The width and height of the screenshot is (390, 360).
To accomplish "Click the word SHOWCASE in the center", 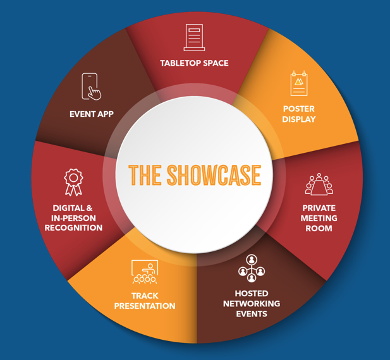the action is (214, 175).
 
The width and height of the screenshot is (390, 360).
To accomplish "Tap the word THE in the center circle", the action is (145, 175).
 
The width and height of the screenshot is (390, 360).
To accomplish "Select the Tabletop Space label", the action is (194, 63).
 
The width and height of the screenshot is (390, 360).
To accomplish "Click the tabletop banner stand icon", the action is (194, 37).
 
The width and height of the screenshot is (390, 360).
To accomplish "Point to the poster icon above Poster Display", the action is (299, 83).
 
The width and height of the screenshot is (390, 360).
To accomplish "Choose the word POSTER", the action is (299, 109).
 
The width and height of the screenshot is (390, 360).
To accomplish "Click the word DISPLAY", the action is (299, 119).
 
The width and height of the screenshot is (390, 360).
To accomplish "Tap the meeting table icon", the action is (319, 184).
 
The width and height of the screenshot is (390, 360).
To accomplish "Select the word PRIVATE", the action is (319, 208).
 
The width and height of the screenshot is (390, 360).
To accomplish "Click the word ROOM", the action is (319, 229).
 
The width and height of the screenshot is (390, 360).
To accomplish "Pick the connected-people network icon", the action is (252, 268).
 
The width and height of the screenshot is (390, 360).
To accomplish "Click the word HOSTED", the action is (252, 294).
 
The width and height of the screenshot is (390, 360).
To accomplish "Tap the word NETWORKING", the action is (252, 304).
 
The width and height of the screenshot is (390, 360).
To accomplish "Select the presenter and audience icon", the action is (145, 272).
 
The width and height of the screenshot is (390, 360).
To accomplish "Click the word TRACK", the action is (145, 296).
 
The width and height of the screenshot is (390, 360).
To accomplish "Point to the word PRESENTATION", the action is (145, 306).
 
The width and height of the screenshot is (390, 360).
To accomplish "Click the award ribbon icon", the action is (73, 183).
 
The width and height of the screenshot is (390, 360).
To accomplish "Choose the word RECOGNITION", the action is (73, 228).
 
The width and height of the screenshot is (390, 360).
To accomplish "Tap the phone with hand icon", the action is (91, 87).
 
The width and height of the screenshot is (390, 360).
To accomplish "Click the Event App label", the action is (92, 114).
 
